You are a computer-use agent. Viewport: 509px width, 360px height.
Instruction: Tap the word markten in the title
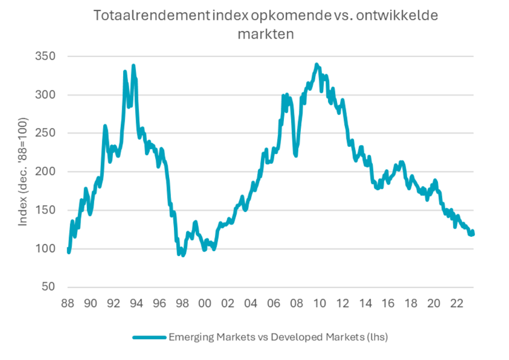(x=266, y=34)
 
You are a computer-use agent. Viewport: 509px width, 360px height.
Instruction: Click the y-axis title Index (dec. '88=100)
(x=23, y=172)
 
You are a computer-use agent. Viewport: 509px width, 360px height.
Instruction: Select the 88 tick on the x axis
(x=68, y=302)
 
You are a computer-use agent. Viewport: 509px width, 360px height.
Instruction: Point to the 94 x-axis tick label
(x=136, y=302)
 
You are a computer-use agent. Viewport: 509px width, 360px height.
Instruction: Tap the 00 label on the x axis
(x=205, y=302)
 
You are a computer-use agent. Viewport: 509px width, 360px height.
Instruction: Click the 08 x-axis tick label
(x=296, y=302)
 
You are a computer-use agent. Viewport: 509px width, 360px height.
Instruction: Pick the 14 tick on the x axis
(x=365, y=302)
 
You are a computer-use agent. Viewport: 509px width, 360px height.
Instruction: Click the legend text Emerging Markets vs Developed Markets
(x=278, y=337)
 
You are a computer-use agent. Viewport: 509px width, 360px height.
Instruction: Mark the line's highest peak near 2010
(x=317, y=65)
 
